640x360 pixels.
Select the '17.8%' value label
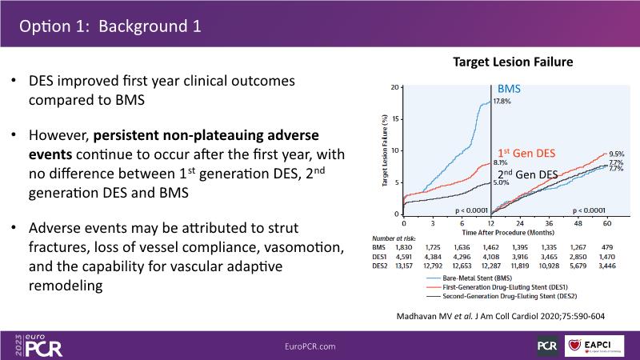(502, 102)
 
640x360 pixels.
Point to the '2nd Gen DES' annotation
(529, 174)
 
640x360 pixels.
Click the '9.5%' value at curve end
(616, 154)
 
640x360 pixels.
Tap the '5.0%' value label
(501, 182)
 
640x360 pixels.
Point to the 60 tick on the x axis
(607, 222)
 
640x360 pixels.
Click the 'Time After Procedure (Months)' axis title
(490, 230)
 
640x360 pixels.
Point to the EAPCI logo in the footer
(596, 345)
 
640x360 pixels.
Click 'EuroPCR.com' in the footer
(310, 346)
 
